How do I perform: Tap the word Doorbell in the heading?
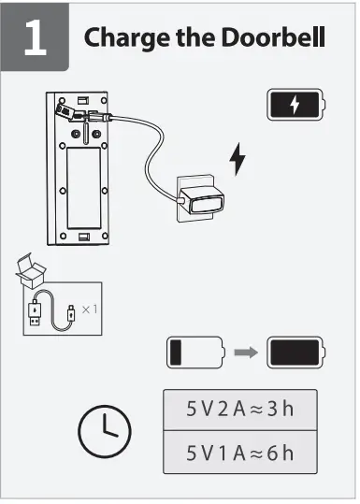281,38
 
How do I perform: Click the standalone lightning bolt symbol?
238,159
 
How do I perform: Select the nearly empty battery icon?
196,353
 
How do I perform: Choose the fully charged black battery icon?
296,353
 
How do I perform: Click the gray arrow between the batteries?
246,353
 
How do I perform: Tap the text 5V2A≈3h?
239,410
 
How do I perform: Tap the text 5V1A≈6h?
239,454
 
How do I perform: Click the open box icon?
33,271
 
